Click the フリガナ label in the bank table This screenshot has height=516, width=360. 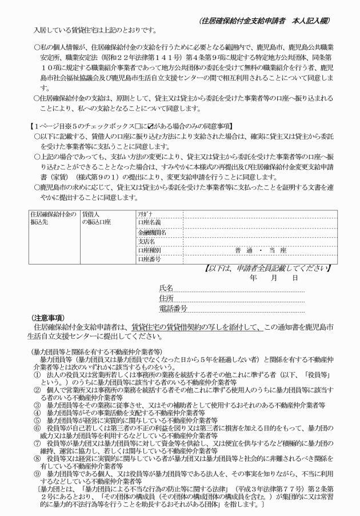tap(145, 213)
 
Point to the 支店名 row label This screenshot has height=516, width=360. tap(147, 241)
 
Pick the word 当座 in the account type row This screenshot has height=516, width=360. tap(278, 250)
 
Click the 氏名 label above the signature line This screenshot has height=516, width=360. tap(166, 287)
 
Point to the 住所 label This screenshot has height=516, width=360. tap(166, 298)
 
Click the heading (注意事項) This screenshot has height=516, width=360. tap(47, 318)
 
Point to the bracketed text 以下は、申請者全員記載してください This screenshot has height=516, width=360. tap(267, 268)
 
